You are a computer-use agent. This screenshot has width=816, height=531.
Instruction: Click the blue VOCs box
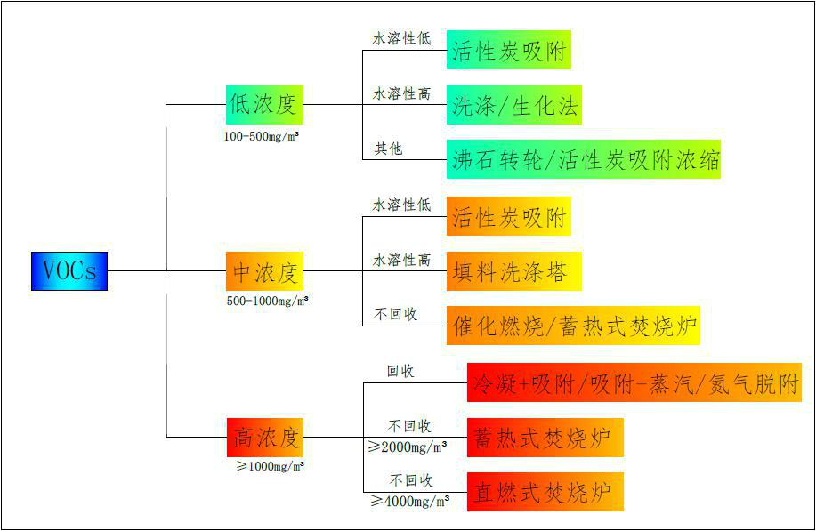click(x=69, y=270)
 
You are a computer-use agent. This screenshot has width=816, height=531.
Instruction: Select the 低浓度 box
click(x=264, y=104)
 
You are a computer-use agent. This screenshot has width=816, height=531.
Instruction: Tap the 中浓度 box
click(x=264, y=270)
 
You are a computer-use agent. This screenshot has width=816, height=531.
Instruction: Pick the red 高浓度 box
click(x=264, y=437)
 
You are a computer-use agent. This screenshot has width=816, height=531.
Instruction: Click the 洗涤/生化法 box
click(x=514, y=106)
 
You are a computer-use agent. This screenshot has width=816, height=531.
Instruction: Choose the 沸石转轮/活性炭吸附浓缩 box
click(x=584, y=160)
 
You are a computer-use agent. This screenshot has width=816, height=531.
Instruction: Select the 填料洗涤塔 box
click(x=514, y=270)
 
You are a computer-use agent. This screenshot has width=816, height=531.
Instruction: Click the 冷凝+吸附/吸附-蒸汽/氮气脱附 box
click(x=634, y=383)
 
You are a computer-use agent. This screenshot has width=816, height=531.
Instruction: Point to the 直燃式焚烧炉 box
click(x=545, y=492)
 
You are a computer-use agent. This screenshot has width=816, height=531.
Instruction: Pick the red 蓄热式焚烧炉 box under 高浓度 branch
click(x=545, y=438)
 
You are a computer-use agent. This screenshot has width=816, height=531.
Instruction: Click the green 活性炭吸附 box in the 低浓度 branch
click(x=508, y=51)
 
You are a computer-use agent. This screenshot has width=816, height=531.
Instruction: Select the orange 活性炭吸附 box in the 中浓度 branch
click(x=508, y=217)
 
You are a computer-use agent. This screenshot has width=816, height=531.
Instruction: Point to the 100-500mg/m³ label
click(x=261, y=137)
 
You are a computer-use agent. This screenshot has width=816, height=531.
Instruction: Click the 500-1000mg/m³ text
click(x=267, y=302)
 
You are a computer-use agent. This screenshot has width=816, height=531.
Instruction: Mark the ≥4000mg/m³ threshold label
click(x=410, y=501)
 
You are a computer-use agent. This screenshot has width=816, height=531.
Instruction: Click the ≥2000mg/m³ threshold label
click(x=408, y=447)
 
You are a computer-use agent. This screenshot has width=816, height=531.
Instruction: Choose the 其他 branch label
click(x=388, y=149)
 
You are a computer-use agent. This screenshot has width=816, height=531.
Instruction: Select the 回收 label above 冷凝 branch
click(x=400, y=371)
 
